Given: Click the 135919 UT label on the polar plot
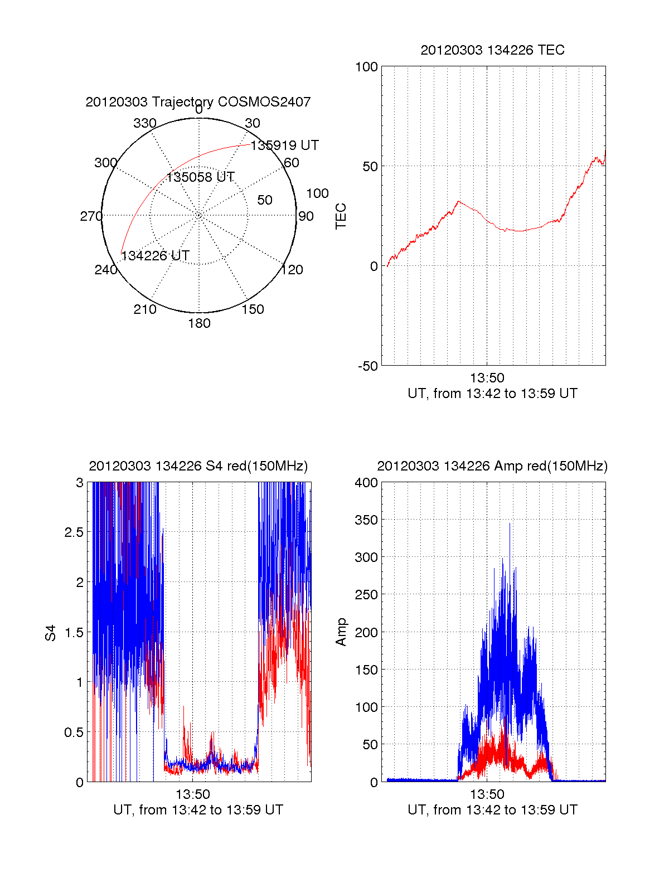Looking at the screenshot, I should pyautogui.click(x=284, y=145).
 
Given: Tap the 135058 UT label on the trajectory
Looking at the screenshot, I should pyautogui.click(x=200, y=177).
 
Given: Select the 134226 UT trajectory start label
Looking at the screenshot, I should pyautogui.click(x=156, y=256).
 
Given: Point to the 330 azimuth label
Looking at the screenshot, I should pyautogui.click(x=145, y=123).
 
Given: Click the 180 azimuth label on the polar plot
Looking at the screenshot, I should pyautogui.click(x=199, y=323).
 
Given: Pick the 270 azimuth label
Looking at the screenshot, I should pyautogui.click(x=91, y=216).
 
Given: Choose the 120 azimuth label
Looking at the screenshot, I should pyautogui.click(x=292, y=270).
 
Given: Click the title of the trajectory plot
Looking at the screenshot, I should pyautogui.click(x=198, y=102).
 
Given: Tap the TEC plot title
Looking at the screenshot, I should pyautogui.click(x=492, y=50).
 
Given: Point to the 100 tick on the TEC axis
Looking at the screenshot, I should pyautogui.click(x=366, y=67).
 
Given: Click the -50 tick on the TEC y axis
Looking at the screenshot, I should pyautogui.click(x=367, y=366).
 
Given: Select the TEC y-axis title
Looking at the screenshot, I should pyautogui.click(x=341, y=216).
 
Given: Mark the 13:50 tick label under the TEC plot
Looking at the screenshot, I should pyautogui.click(x=487, y=378).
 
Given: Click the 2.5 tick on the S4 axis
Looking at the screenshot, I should pyautogui.click(x=74, y=532).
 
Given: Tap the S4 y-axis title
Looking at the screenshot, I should pyautogui.click(x=51, y=633).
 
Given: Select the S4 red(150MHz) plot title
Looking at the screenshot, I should pyautogui.click(x=198, y=466).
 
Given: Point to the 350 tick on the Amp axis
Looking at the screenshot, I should pyautogui.click(x=366, y=520).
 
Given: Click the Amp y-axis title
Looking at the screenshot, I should pyautogui.click(x=341, y=632).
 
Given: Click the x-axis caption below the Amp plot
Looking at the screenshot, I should pyautogui.click(x=492, y=810).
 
